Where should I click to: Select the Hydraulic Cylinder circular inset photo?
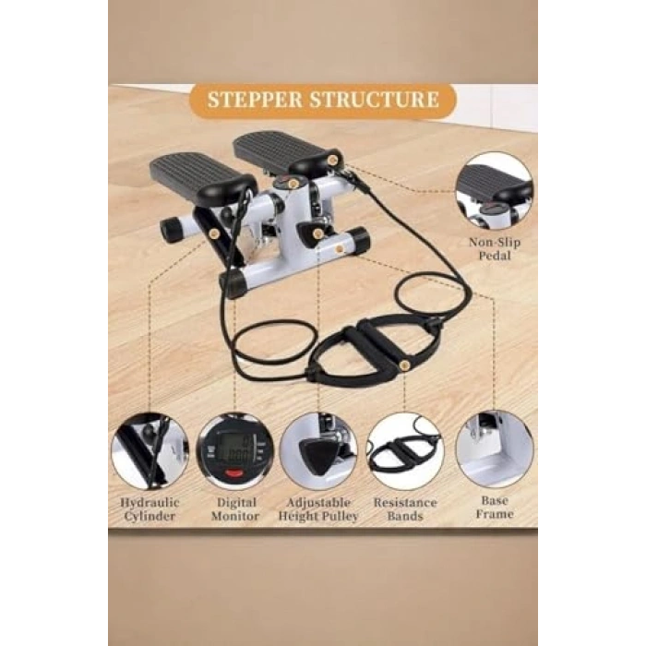150,451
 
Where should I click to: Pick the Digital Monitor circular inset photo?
235,451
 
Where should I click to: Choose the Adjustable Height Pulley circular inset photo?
319,451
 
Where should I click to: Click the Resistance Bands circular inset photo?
404,451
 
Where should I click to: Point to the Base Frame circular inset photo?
494,449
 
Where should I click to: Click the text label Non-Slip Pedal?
495,248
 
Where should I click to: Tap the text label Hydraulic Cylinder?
150,508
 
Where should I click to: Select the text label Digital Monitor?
235,508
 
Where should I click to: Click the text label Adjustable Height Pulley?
319,508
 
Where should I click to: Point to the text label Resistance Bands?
404,508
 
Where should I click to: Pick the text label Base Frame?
494,507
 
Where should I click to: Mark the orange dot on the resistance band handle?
405,366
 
